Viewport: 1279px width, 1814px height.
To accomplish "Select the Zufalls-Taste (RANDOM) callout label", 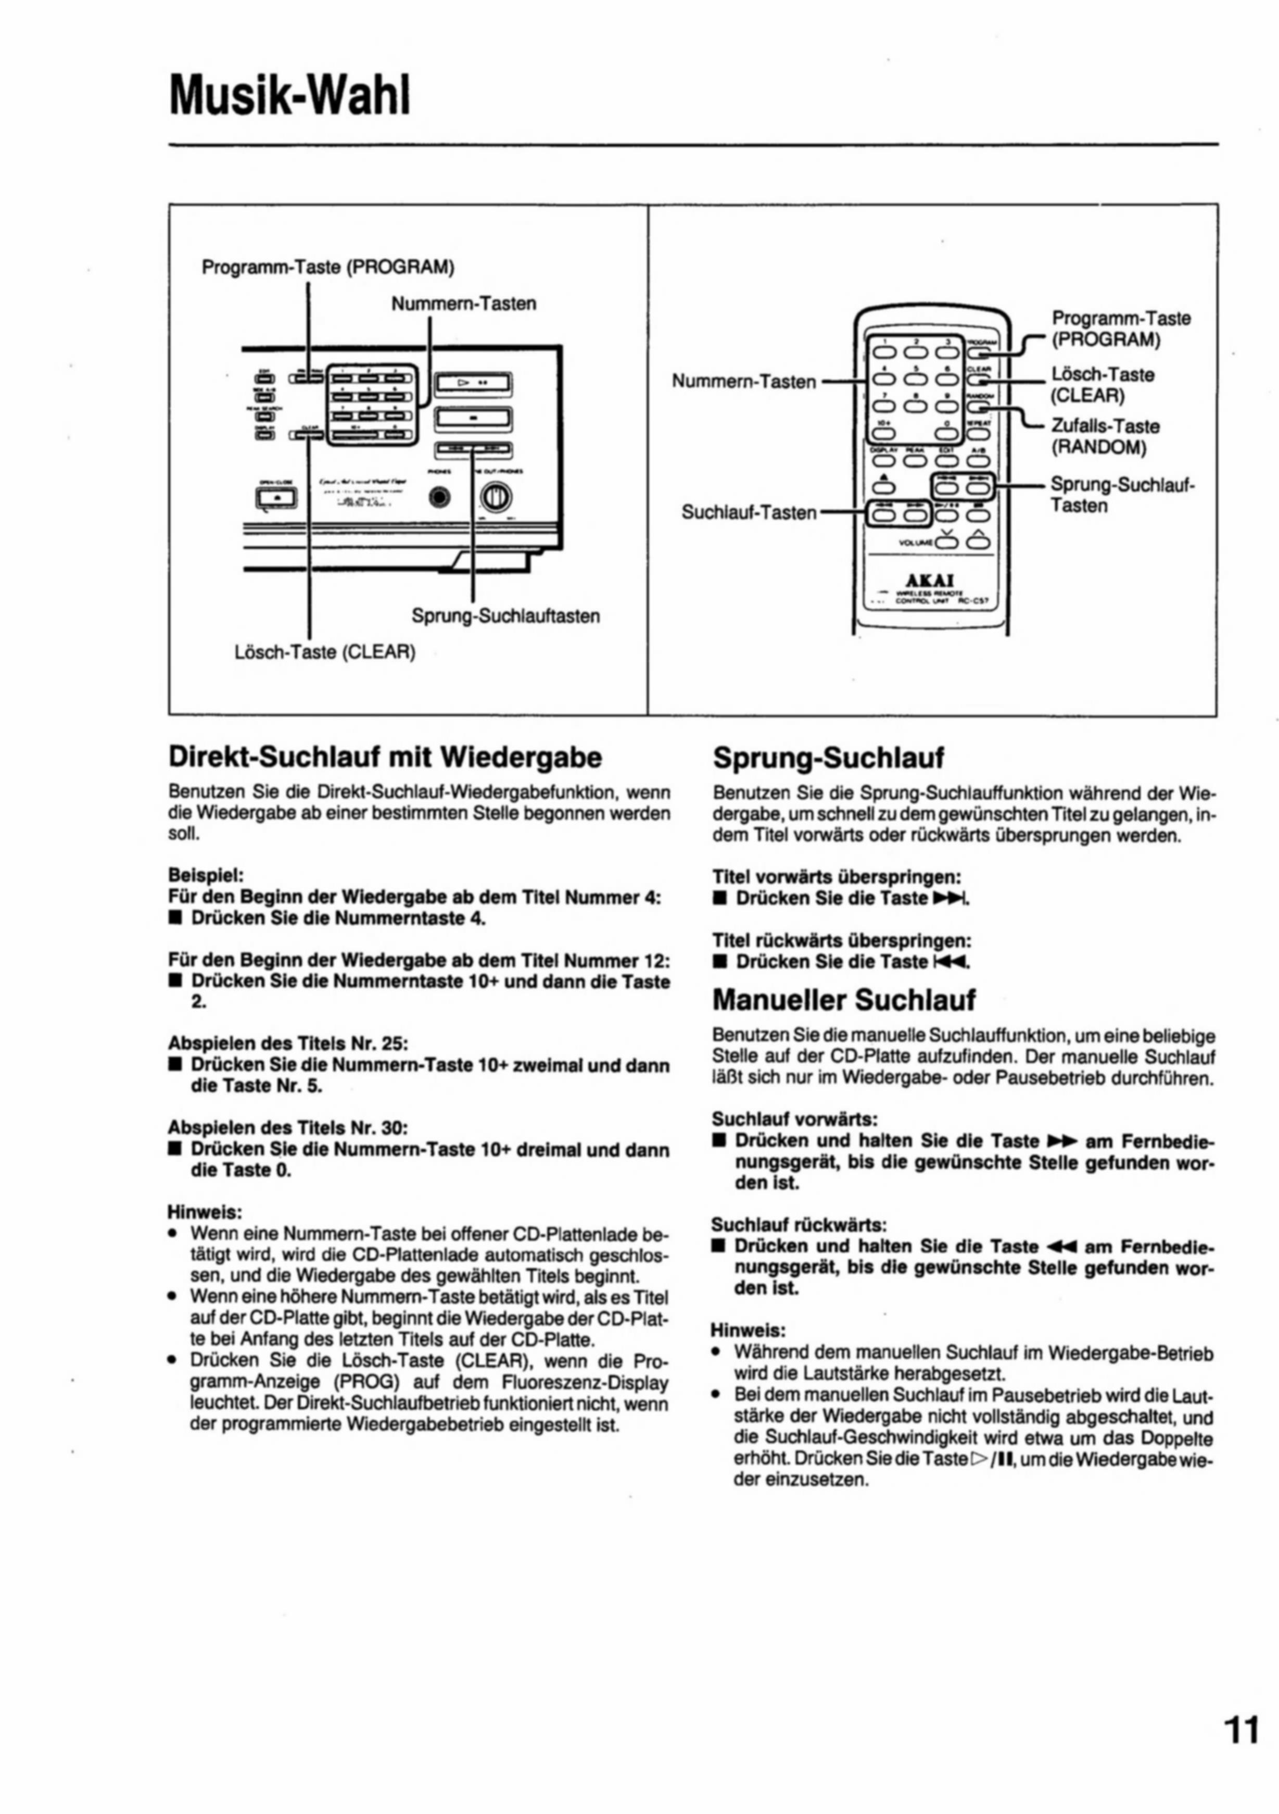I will (x=1103, y=437).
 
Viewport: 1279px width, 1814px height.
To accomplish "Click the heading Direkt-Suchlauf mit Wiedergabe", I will (x=385, y=758).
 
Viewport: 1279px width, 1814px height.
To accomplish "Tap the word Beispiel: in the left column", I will (x=206, y=875).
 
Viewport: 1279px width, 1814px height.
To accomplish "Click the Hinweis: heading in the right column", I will (x=748, y=1330).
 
